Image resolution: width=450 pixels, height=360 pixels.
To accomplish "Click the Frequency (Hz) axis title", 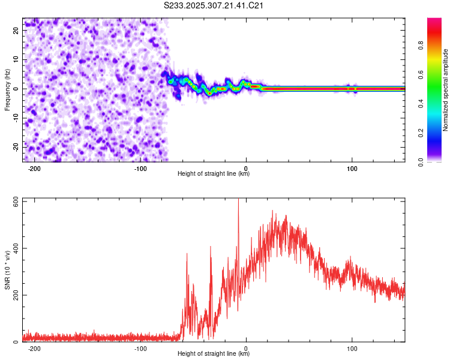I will pyautogui.click(x=7, y=89).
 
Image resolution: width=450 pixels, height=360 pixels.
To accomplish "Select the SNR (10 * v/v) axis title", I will pyautogui.click(x=7, y=269).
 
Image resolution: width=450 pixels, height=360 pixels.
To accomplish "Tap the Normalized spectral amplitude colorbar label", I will pyautogui.click(x=445, y=91).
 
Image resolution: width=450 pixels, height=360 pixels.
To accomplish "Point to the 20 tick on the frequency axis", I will pyautogui.click(x=16, y=31).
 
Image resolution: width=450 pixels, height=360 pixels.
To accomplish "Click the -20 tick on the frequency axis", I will pyautogui.click(x=15, y=147).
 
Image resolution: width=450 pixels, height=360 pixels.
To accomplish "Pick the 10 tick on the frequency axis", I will pyautogui.click(x=16, y=60).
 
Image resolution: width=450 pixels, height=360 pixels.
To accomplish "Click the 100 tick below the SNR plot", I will pyautogui.click(x=352, y=349).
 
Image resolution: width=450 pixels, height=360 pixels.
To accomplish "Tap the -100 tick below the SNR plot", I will pyautogui.click(x=140, y=349).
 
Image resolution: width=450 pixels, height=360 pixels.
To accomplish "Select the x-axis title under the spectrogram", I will pyautogui.click(x=214, y=174).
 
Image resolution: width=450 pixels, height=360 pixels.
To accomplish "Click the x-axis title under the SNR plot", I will pyautogui.click(x=214, y=354).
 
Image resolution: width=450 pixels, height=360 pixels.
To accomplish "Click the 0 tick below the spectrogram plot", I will pyautogui.click(x=246, y=169).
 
